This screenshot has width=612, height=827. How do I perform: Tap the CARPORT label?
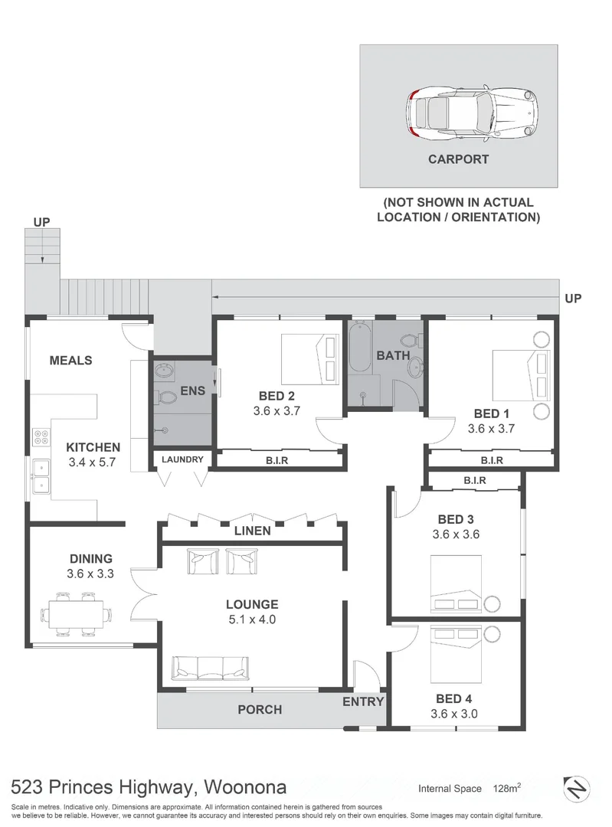[x=459, y=160]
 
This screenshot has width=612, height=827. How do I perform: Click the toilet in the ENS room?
[x=165, y=398]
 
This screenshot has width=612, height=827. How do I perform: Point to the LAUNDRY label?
[x=182, y=459]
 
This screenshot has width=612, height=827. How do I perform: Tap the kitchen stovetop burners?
[x=41, y=440]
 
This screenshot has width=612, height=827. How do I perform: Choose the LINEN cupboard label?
[x=253, y=531]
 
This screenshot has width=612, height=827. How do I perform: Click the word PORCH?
[x=260, y=710]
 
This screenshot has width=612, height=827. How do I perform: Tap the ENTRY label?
[x=363, y=701]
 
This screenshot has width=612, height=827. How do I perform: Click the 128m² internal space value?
[x=508, y=788]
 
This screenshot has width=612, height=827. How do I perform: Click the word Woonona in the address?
[x=245, y=786]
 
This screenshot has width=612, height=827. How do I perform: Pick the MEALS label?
[x=70, y=360]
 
